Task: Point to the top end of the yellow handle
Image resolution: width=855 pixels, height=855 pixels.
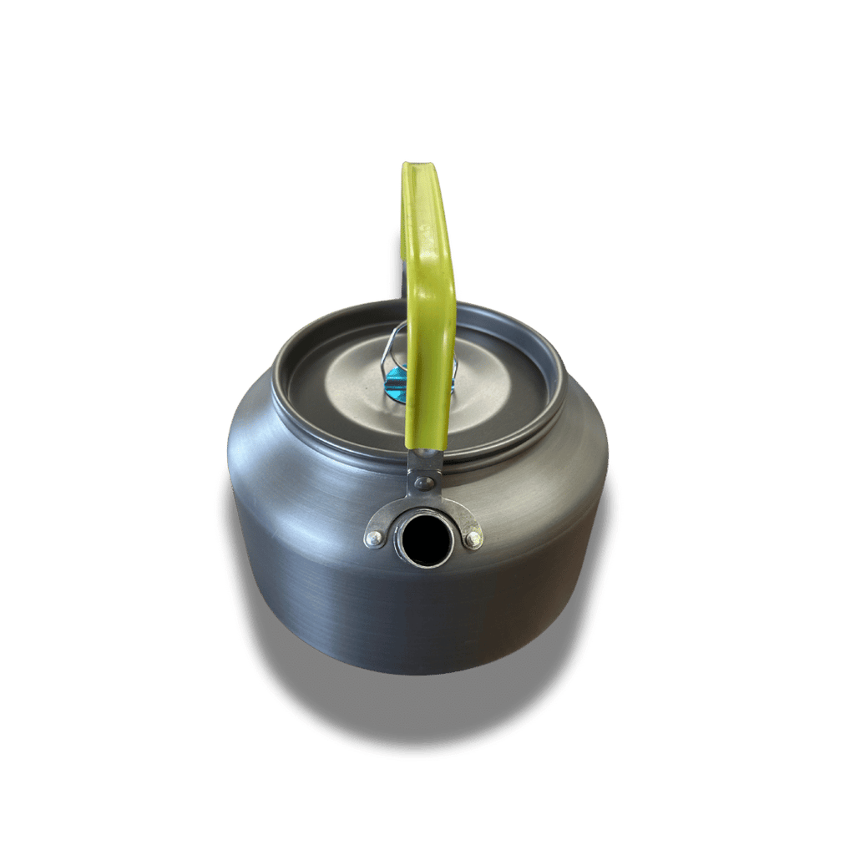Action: pos(421,169)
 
